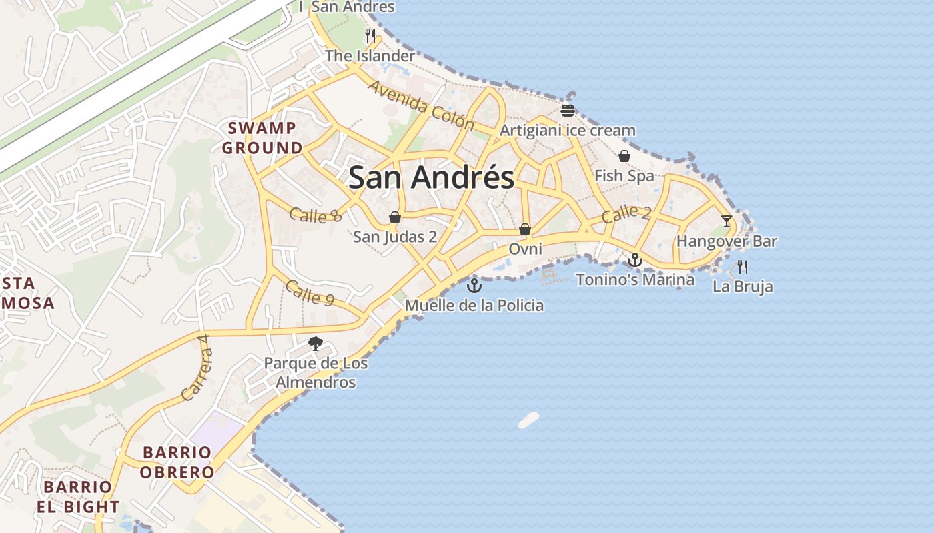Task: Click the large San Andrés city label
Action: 431,177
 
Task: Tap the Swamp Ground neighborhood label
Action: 262,138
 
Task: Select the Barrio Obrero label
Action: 179,462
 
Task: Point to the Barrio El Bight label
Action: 78,497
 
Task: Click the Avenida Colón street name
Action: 420,106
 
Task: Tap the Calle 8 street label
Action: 316,215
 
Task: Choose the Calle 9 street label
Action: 309,293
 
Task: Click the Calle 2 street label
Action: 626,214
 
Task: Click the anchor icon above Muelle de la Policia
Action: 474,286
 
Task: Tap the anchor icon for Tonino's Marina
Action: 635,260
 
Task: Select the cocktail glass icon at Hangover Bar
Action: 727,221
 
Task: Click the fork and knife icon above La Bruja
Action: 743,267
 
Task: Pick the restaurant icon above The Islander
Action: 370,35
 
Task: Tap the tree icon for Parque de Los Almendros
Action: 316,344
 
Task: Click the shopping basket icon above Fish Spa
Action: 624,156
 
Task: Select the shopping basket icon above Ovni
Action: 525,229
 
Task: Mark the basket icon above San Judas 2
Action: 395,217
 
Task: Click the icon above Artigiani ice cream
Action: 568,110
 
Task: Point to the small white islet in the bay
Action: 529,420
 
